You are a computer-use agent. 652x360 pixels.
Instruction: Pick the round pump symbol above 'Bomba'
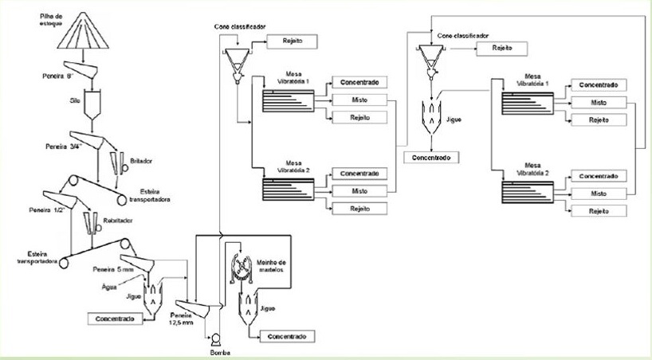pos(210,337)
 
